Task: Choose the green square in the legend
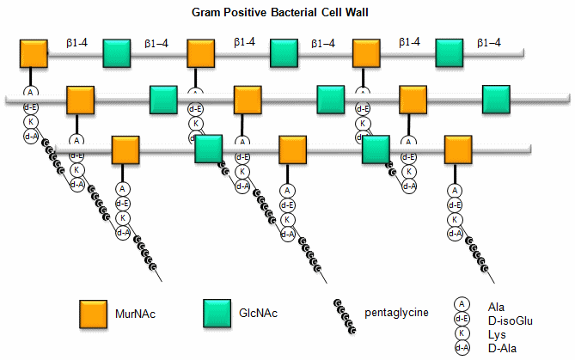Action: (x=218, y=314)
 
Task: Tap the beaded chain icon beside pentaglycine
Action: (x=346, y=317)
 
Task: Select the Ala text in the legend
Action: (x=495, y=306)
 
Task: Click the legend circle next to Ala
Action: (x=462, y=304)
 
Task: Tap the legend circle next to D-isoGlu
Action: (x=462, y=318)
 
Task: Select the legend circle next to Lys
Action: (x=462, y=333)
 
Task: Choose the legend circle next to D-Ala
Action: (x=462, y=346)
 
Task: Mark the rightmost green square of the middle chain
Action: (x=497, y=100)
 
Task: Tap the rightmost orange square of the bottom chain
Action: (x=458, y=148)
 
